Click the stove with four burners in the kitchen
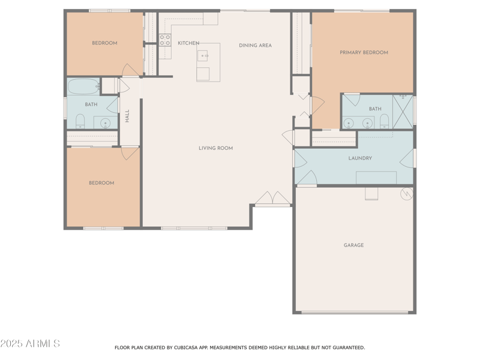[x=165, y=40]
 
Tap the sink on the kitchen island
[x=204, y=56]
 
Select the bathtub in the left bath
[x=83, y=86]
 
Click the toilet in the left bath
[x=80, y=122]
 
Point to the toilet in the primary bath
[x=385, y=122]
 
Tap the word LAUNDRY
[x=360, y=158]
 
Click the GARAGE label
[x=353, y=245]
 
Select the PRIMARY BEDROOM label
[x=364, y=53]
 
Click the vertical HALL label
[x=127, y=116]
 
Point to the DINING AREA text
[x=255, y=46]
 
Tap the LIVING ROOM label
[x=215, y=148]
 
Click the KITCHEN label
[x=188, y=43]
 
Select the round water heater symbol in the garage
[x=407, y=194]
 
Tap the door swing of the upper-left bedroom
[x=130, y=71]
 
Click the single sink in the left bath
[x=106, y=123]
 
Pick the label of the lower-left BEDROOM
[x=101, y=183]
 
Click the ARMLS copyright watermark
[x=30, y=344]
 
